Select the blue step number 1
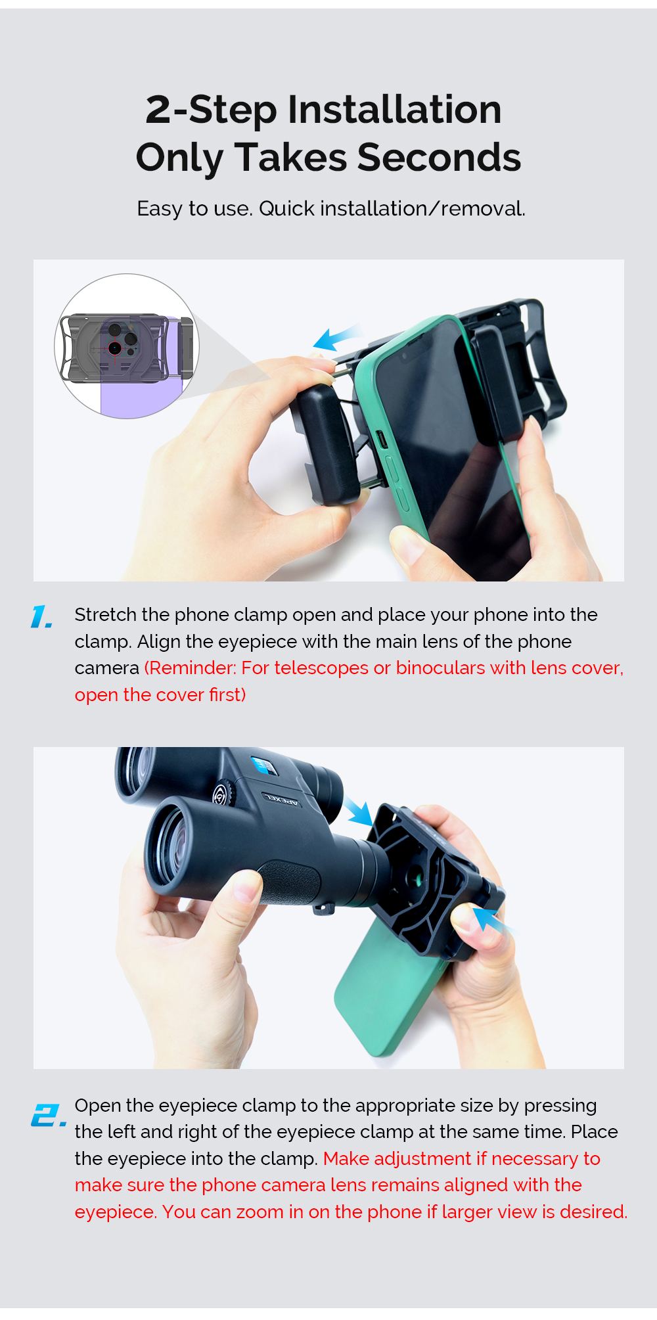41,617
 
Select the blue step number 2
48,1115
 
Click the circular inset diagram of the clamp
127,346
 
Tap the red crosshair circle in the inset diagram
115,348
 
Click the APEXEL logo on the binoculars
282,800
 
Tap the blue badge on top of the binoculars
262,765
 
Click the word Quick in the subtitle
286,209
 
